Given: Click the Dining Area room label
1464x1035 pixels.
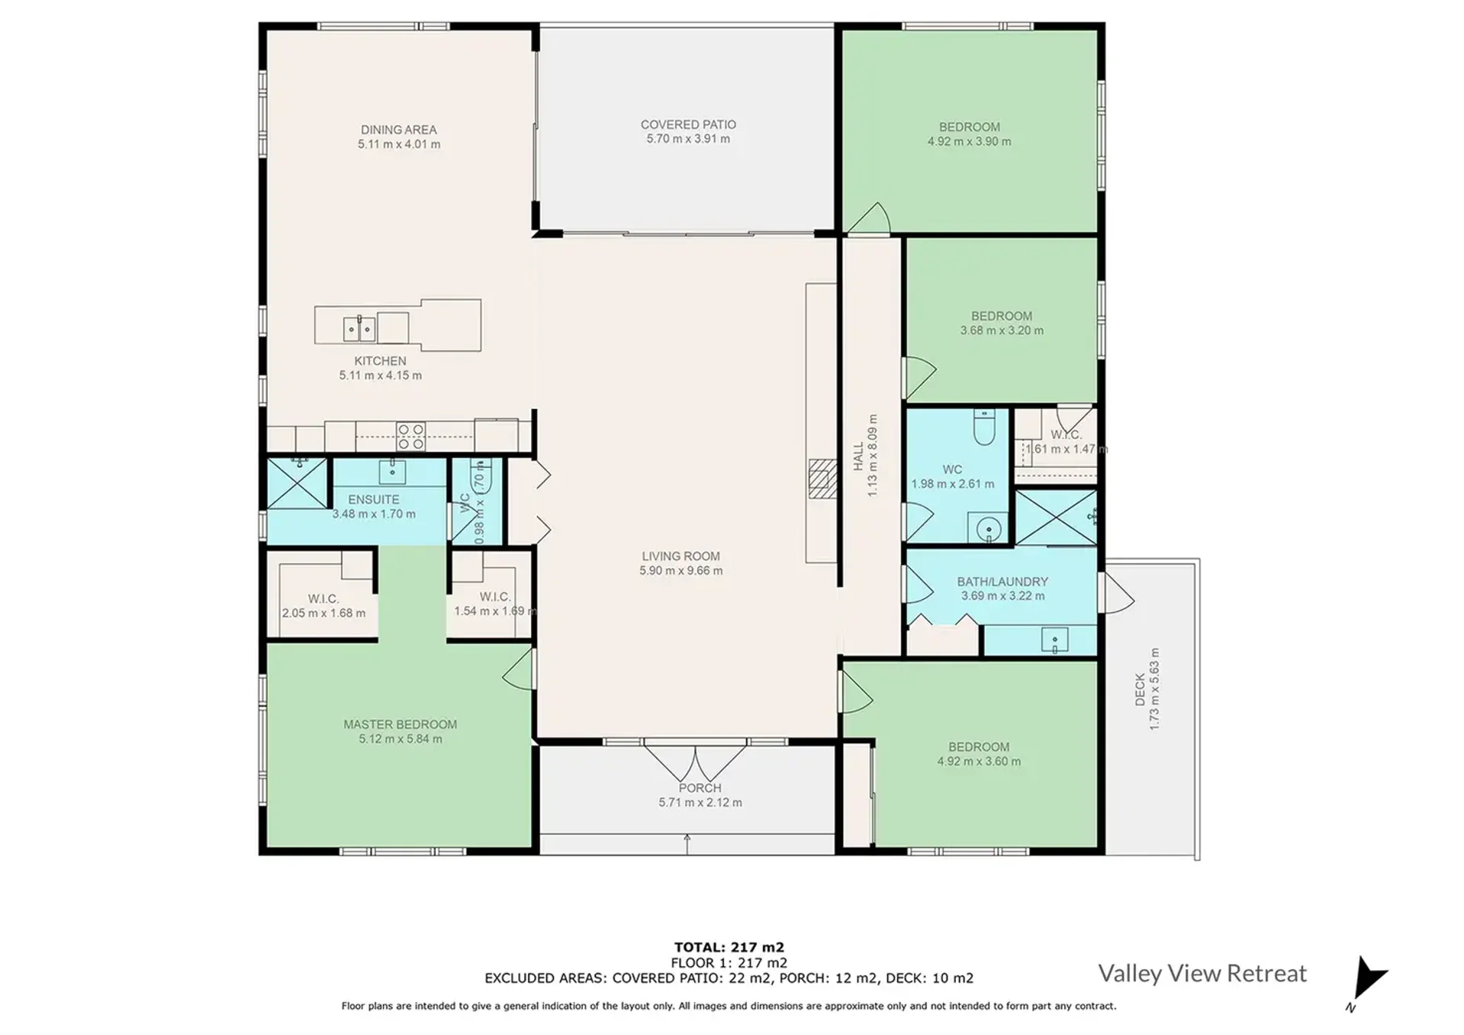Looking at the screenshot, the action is click(x=399, y=130).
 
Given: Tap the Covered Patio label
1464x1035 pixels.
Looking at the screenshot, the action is click(x=688, y=124).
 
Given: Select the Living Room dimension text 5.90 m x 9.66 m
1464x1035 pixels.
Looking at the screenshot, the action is click(x=681, y=571).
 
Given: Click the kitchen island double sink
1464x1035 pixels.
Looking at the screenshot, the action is click(x=359, y=329).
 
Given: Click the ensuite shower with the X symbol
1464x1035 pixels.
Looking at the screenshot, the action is click(x=298, y=483).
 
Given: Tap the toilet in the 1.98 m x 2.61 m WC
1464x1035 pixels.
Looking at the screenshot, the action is click(x=985, y=427).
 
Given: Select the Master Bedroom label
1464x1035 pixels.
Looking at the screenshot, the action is click(x=400, y=724).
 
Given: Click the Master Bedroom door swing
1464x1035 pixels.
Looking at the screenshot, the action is click(x=518, y=668).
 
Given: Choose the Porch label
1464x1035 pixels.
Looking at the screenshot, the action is click(x=700, y=788).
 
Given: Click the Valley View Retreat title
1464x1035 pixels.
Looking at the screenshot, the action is click(x=1202, y=973).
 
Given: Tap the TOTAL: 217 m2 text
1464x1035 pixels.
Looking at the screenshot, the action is click(x=729, y=948).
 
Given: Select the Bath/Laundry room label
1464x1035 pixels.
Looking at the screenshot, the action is click(x=1002, y=582).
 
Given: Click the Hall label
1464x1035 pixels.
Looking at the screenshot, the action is click(x=858, y=456).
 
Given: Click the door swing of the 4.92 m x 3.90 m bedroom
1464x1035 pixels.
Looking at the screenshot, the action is click(x=870, y=219).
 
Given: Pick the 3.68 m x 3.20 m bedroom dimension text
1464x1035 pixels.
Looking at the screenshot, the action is click(x=1002, y=330).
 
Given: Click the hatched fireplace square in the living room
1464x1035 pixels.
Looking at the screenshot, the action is click(x=822, y=479).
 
